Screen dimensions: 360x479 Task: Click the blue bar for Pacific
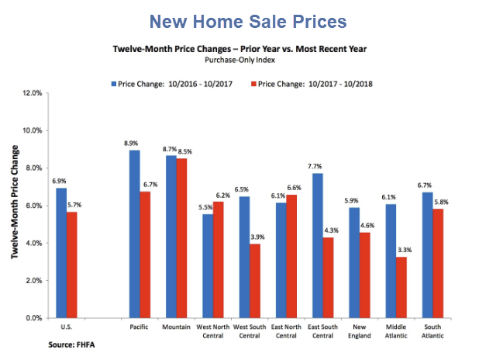134,234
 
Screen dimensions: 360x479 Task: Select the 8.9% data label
133,144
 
